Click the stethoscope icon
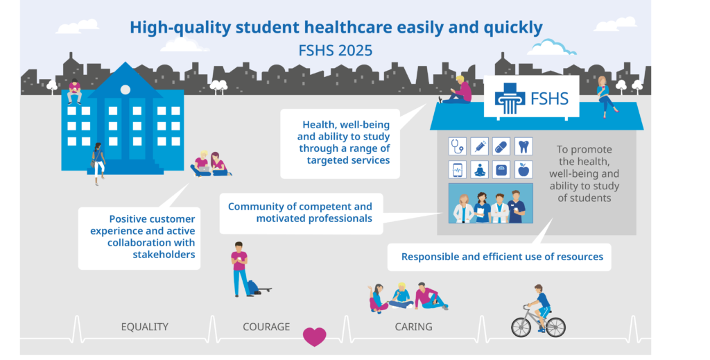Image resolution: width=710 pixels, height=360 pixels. pyautogui.click(x=458, y=146)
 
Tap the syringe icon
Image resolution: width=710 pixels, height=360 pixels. pyautogui.click(x=480, y=146)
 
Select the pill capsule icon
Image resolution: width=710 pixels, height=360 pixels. pyautogui.click(x=501, y=146)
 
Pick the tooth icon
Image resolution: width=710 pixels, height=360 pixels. pyautogui.click(x=523, y=146)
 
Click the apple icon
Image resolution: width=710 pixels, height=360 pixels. pyautogui.click(x=523, y=170)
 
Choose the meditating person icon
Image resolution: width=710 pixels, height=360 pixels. pyautogui.click(x=480, y=170)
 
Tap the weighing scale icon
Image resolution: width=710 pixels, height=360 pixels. pyautogui.click(x=501, y=170)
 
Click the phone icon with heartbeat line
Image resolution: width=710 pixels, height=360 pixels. pyautogui.click(x=458, y=170)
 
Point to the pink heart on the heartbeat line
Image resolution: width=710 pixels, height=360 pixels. pyautogui.click(x=314, y=336)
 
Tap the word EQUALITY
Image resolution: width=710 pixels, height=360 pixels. pyautogui.click(x=144, y=327)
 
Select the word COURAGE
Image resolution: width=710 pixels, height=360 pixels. pyautogui.click(x=266, y=327)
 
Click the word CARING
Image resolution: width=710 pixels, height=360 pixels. pyautogui.click(x=413, y=327)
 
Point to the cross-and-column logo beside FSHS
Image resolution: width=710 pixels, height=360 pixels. pyautogui.click(x=510, y=98)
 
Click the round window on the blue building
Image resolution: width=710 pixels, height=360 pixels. pyautogui.click(x=125, y=89)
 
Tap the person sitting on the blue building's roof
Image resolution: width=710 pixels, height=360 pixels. pyautogui.click(x=75, y=91)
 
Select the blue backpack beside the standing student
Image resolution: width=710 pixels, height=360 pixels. pyautogui.click(x=252, y=287)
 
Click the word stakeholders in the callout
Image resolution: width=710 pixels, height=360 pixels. pyautogui.click(x=164, y=255)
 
